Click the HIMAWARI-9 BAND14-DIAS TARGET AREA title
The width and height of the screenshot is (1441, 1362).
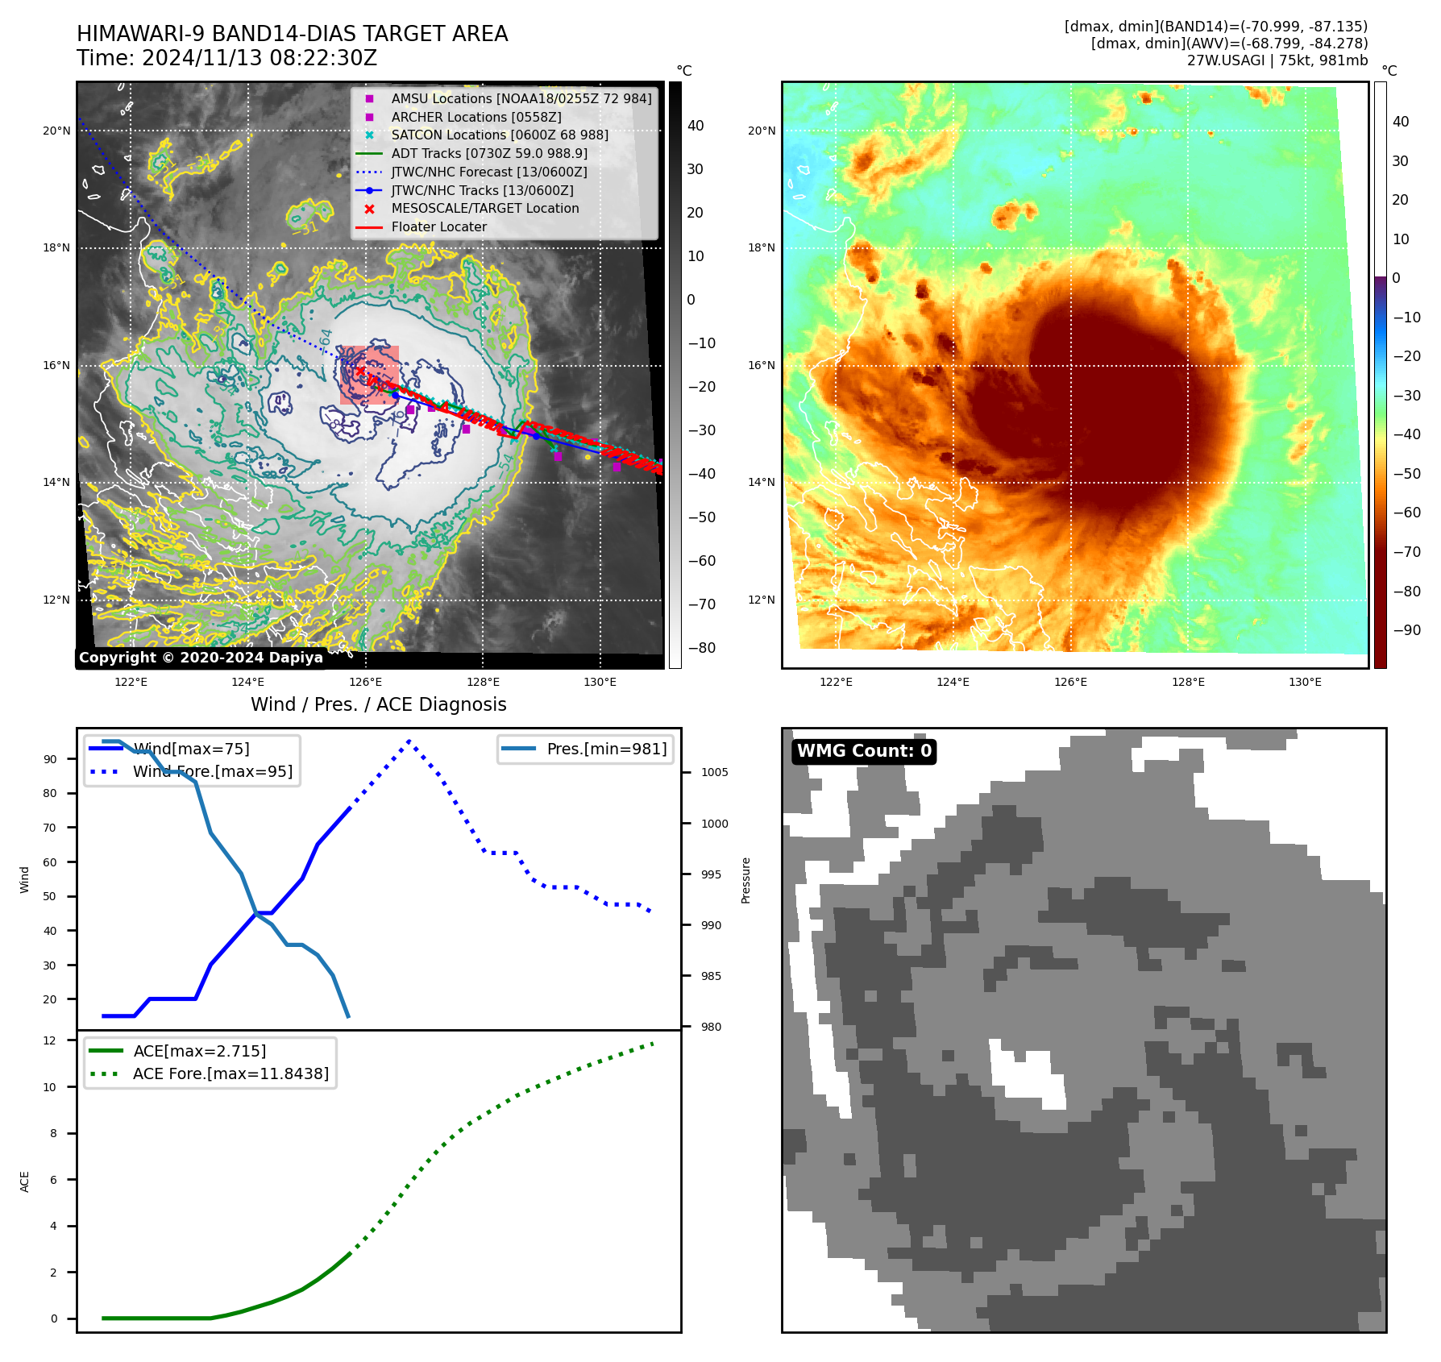click(x=292, y=34)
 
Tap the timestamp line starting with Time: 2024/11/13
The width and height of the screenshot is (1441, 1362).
click(x=226, y=58)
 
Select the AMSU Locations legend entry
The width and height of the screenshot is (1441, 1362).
click(x=521, y=98)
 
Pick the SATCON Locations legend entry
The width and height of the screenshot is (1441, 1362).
click(x=499, y=135)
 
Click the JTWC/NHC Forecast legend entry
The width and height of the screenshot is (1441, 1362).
click(x=488, y=172)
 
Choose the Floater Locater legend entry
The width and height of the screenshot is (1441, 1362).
click(x=438, y=226)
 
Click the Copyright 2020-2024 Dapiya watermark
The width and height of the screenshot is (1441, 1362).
click(x=201, y=658)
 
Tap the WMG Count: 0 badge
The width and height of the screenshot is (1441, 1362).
click(x=864, y=751)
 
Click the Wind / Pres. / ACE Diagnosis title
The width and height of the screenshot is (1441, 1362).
click(x=378, y=704)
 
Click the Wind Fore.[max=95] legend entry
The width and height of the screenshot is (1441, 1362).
click(x=212, y=771)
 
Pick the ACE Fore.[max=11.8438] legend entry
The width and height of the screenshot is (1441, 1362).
click(x=230, y=1073)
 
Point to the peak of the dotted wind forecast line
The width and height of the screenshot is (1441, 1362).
click(x=409, y=741)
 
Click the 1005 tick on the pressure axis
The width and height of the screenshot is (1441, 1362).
click(x=714, y=772)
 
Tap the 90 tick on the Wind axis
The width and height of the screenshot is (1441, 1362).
click(x=51, y=759)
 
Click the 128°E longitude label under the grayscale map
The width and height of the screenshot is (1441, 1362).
click(x=483, y=682)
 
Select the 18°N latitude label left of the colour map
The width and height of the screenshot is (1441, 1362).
click(x=762, y=247)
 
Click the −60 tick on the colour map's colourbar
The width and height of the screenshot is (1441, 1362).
click(x=1407, y=513)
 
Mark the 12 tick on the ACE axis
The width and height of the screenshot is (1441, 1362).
click(x=50, y=1040)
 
